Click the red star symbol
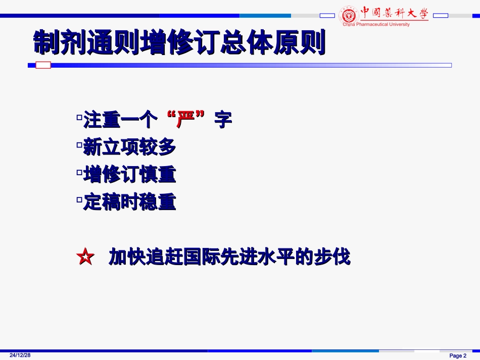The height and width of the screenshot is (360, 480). pyautogui.click(x=85, y=258)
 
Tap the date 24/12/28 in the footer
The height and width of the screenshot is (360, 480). pyautogui.click(x=20, y=355)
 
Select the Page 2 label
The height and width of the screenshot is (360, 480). pyautogui.click(x=458, y=355)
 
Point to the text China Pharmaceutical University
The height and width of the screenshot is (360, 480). pyautogui.click(x=376, y=24)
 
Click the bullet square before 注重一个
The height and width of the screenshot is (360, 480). pyautogui.click(x=79, y=117)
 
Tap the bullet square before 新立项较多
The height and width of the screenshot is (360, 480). pyautogui.click(x=79, y=145)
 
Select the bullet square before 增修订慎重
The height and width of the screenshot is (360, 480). pyautogui.click(x=79, y=172)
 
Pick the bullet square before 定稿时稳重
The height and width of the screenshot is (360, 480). pyautogui.click(x=79, y=200)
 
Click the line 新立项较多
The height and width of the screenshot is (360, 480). pyautogui.click(x=129, y=147)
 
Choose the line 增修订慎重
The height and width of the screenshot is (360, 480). pyautogui.click(x=129, y=175)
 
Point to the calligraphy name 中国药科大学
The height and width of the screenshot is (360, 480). pyautogui.click(x=394, y=12)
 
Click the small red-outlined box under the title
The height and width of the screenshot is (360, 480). pyautogui.click(x=44, y=65)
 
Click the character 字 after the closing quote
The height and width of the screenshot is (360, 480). pyautogui.click(x=223, y=120)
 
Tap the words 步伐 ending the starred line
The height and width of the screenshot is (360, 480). pyautogui.click(x=338, y=258)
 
